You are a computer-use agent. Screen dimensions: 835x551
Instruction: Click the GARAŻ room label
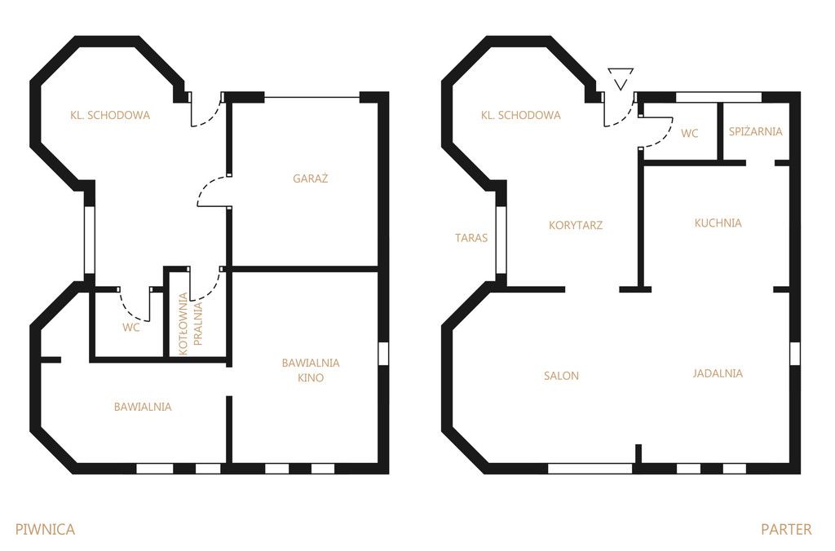click(310, 179)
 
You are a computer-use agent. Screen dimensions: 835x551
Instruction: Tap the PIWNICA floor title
click(46, 529)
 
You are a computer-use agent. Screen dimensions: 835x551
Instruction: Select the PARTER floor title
click(786, 529)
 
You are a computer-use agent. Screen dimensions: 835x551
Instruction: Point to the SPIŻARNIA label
click(755, 131)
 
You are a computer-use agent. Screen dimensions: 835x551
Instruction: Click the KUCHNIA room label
click(718, 223)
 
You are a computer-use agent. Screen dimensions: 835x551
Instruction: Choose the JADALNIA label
click(718, 373)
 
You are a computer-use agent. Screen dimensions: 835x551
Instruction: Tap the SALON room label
click(561, 375)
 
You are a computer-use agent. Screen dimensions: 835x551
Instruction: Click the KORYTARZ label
click(575, 225)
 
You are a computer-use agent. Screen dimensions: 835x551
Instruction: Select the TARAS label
click(471, 238)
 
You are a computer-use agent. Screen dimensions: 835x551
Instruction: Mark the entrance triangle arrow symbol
click(621, 78)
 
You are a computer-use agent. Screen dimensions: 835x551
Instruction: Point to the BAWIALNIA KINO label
click(311, 370)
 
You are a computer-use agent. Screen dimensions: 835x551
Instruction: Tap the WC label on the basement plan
click(131, 328)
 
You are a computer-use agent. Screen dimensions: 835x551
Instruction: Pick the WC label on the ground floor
click(689, 133)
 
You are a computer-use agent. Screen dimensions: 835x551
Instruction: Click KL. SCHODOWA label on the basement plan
click(110, 115)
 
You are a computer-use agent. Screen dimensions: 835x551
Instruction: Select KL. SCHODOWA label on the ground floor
click(520, 115)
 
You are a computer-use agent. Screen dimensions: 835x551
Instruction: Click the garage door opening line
click(312, 97)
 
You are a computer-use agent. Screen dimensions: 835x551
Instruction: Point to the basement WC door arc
click(130, 311)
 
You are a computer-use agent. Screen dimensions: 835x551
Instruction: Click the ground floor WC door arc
click(664, 139)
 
